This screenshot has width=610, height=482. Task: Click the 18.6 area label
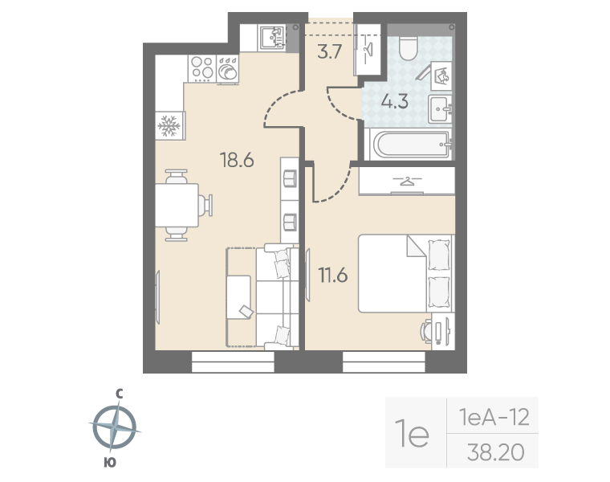237,160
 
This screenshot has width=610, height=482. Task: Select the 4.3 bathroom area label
394,102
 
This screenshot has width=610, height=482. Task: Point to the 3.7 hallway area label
330,55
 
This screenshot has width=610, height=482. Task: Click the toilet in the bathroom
406,48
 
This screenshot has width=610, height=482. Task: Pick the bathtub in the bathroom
408,145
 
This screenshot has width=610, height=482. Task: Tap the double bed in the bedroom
405,273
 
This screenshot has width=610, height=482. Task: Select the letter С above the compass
118,393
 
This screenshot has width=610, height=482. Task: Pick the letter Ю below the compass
110,462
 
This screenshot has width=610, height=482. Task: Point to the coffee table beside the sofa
240,297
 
